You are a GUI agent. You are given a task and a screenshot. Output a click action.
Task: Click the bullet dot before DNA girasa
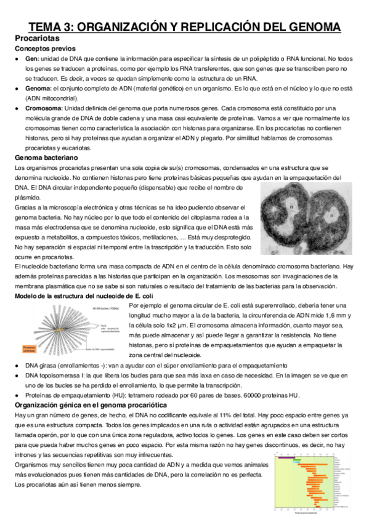[x=17, y=365]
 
